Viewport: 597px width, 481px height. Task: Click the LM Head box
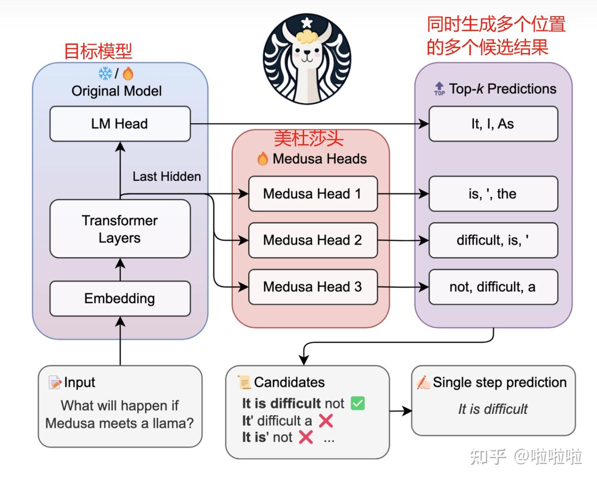tap(120, 124)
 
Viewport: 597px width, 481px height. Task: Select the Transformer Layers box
tap(120, 229)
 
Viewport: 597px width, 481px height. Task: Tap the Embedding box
tap(120, 299)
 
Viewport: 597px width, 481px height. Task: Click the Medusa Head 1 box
tap(313, 194)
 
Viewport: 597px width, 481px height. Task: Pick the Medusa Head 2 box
tap(313, 240)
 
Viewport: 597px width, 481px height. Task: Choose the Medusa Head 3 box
tap(313, 287)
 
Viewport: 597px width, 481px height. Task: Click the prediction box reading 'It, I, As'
tap(493, 124)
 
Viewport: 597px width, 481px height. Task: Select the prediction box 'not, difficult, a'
tap(493, 287)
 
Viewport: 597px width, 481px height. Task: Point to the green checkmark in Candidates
tap(357, 403)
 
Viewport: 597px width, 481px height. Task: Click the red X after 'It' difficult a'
tap(326, 420)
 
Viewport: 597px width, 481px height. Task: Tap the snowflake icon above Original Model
tap(105, 73)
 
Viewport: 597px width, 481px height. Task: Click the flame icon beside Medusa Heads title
tap(262, 158)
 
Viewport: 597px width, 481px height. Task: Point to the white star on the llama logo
tap(306, 23)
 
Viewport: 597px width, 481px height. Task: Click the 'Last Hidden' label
tap(167, 176)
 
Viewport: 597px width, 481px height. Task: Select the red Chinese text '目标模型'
tap(98, 51)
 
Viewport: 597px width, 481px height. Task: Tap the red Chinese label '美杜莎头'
tap(309, 138)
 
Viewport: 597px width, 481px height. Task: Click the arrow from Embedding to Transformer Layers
tap(120, 270)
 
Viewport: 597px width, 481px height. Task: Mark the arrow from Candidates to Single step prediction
tap(400, 411)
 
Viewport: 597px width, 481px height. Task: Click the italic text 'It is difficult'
tap(493, 409)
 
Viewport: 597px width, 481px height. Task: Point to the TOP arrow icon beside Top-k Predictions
tap(439, 89)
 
